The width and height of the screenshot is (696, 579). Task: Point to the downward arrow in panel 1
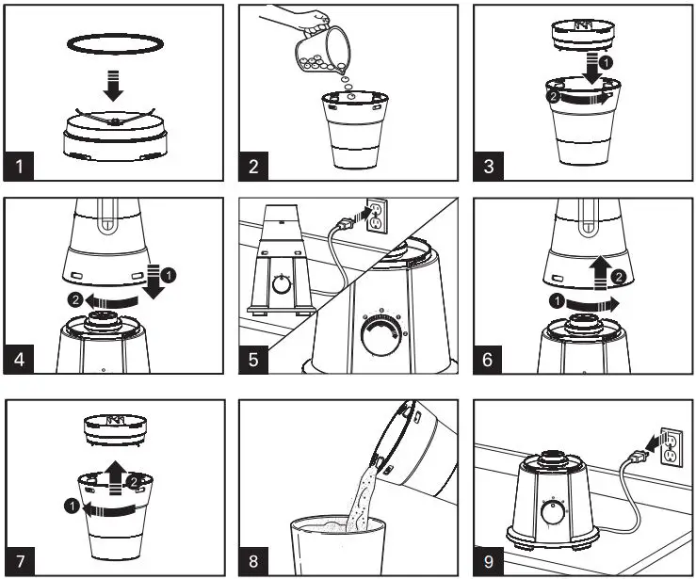(x=113, y=84)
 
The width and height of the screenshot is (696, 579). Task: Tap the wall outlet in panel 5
(x=375, y=217)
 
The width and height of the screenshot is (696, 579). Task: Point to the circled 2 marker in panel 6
(x=619, y=277)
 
